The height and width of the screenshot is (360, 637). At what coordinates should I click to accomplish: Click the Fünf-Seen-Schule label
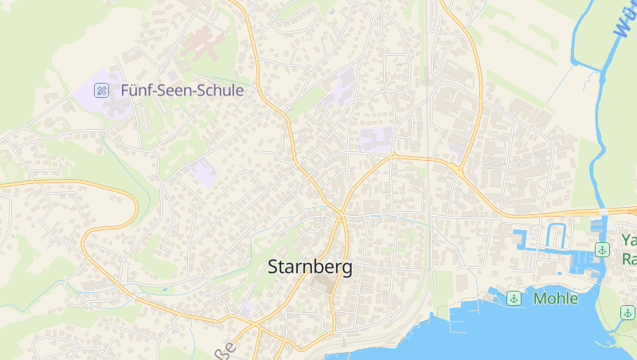tap(182, 91)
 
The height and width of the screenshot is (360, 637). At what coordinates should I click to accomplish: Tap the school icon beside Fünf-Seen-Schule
tap(102, 91)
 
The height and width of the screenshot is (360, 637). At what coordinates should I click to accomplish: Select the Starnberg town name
tap(311, 267)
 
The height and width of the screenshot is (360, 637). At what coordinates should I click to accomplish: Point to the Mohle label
tap(556, 299)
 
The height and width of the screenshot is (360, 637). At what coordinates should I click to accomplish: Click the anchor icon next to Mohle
tap(514, 299)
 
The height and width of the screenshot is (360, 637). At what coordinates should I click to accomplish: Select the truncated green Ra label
tap(629, 260)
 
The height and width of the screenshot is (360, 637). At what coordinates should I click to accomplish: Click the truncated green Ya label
tap(629, 239)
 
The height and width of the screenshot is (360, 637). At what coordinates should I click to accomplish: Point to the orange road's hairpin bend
tap(88, 236)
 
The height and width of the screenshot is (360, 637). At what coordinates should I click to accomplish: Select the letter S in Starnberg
tap(275, 268)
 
